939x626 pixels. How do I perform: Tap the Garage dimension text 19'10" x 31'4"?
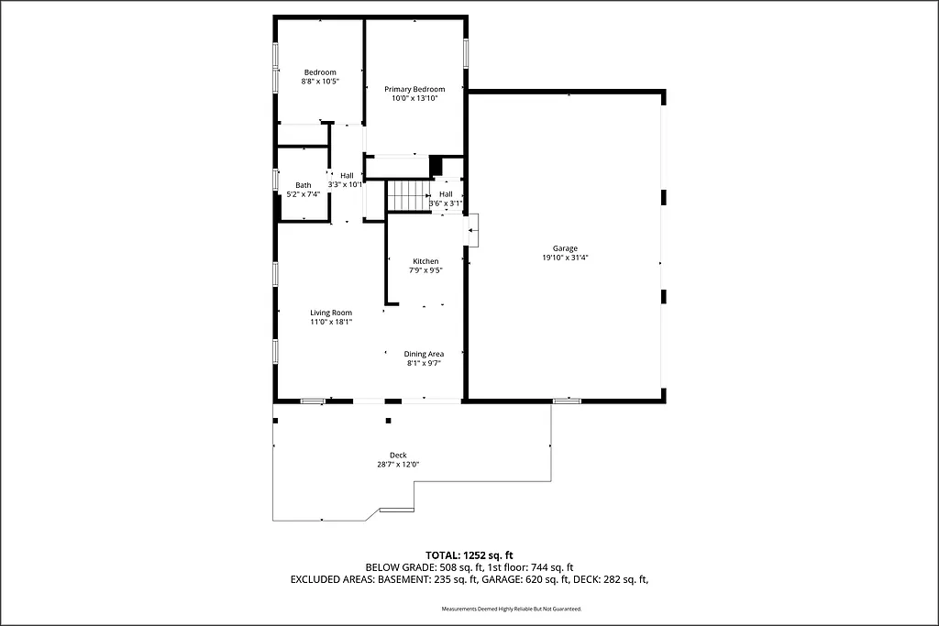[x=565, y=258]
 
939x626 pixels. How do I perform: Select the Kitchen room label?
[x=425, y=261]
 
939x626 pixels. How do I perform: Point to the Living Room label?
[x=331, y=313]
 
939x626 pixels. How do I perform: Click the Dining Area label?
[x=424, y=354]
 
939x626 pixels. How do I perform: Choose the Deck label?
[x=398, y=456]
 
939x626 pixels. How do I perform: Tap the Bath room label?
[x=303, y=185]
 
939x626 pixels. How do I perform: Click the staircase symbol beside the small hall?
[x=408, y=195]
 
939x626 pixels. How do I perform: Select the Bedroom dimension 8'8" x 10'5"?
[x=320, y=82]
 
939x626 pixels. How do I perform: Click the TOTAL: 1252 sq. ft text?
[x=469, y=555]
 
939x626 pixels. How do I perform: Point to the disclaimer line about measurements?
[x=511, y=609]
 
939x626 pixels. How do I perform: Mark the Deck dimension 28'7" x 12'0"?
[x=398, y=465]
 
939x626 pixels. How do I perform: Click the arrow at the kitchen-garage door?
[x=472, y=231]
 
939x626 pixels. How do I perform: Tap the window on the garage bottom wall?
[x=567, y=401]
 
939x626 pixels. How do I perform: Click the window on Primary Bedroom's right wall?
[x=466, y=52]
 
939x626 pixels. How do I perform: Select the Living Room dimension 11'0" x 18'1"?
[x=331, y=322]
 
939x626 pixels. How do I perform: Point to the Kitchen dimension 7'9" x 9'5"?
[x=425, y=270]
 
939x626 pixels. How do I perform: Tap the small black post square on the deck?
[x=388, y=421]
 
